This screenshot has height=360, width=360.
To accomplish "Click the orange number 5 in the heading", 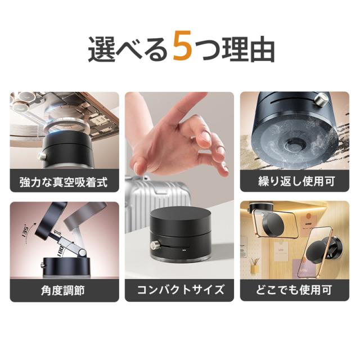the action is click(182, 46).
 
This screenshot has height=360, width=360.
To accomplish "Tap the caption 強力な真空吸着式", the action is click(64, 182).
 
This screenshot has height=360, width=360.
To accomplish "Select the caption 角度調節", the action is click(63, 290).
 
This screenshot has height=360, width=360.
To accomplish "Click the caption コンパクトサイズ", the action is click(180, 290).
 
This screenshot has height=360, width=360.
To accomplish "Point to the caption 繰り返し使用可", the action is click(296, 181).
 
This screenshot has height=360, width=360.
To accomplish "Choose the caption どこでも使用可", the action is click(294, 290).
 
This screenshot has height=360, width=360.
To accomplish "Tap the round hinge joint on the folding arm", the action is click(82, 253).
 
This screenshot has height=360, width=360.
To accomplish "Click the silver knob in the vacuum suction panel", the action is click(42, 156).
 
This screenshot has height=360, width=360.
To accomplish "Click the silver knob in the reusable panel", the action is click(319, 100).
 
